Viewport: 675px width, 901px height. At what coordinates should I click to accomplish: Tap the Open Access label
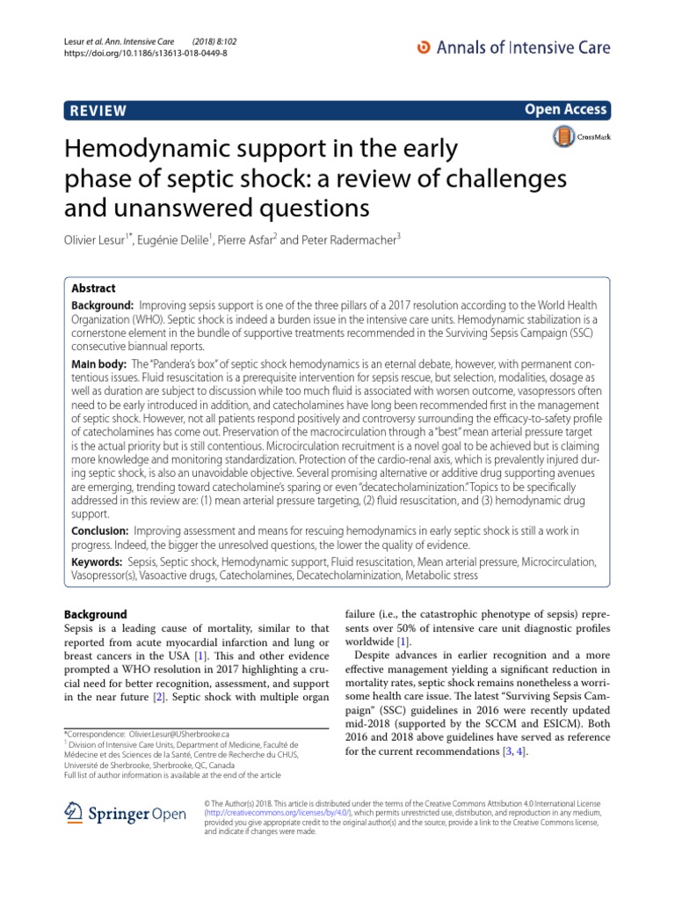566,109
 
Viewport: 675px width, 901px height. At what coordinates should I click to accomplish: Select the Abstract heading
92,288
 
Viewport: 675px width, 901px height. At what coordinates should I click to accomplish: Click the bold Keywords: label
97,560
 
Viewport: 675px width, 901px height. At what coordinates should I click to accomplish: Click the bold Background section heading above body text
96,614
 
